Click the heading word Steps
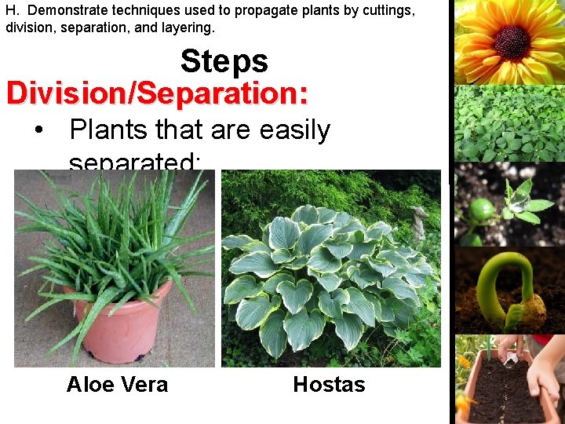(224, 61)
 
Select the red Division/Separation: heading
(157, 93)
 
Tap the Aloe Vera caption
(117, 385)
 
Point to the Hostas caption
(329, 385)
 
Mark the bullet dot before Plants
(38, 131)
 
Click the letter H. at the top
(12, 10)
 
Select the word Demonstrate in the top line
(66, 10)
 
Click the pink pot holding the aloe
(118, 322)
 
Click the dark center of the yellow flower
(512, 41)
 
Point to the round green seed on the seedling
(481, 210)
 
